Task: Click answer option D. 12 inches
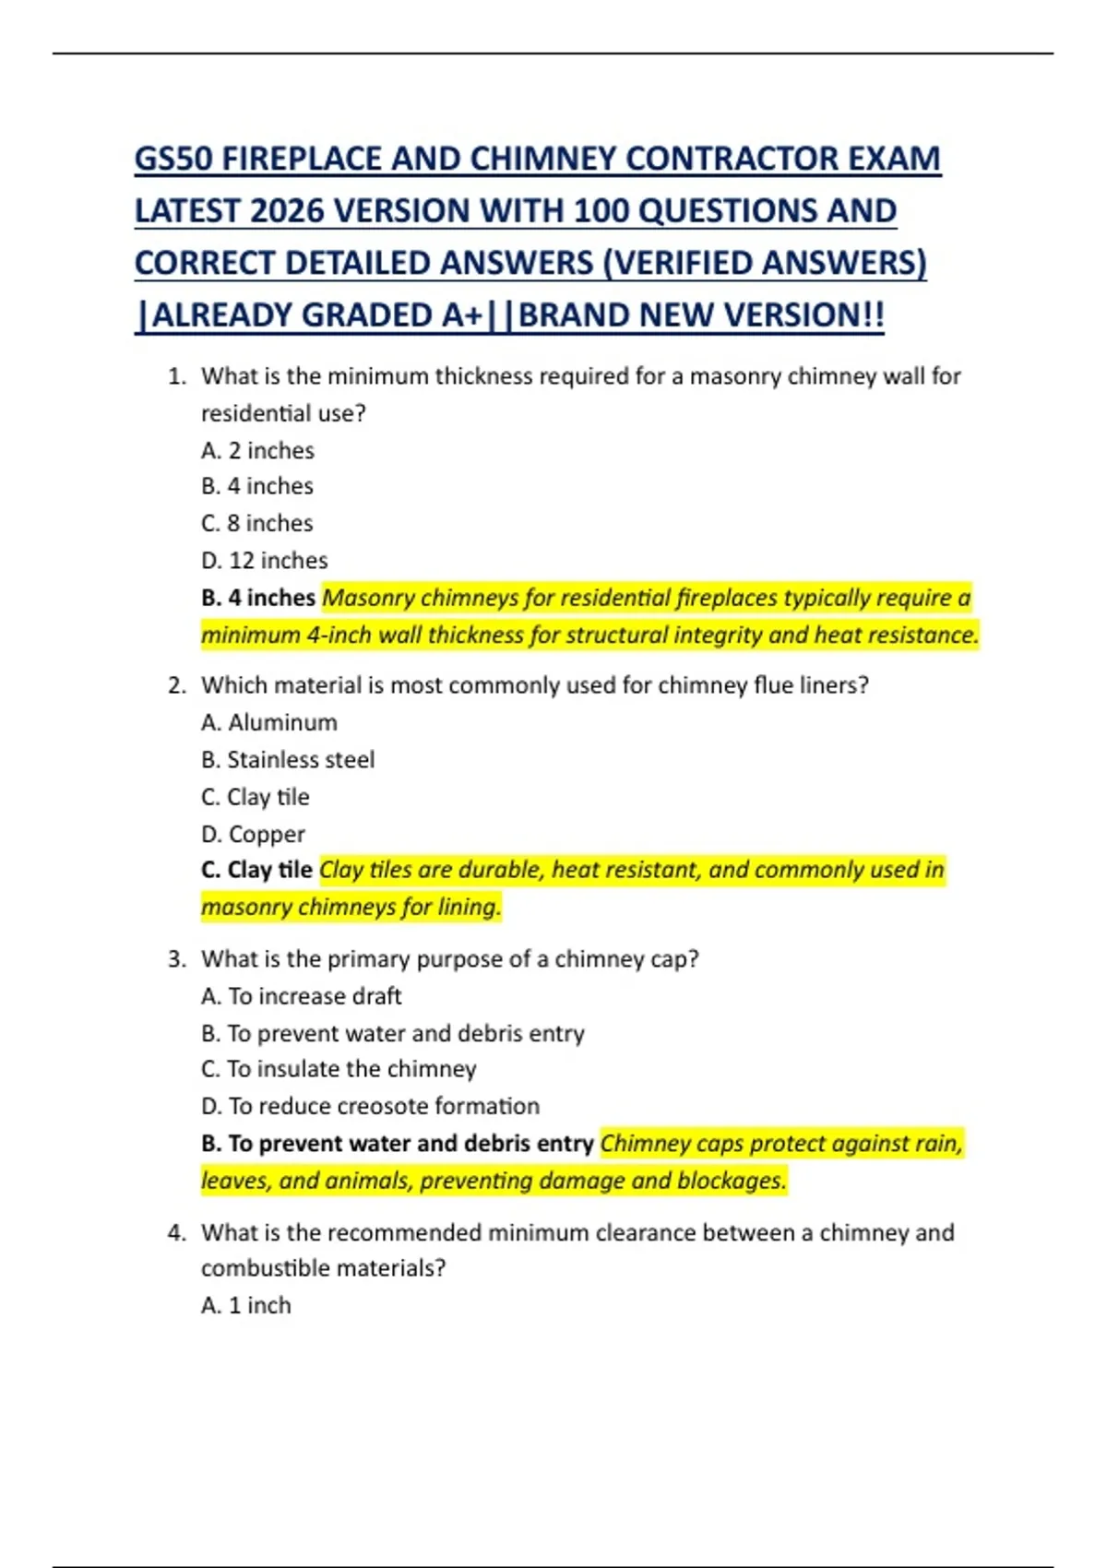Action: tap(264, 561)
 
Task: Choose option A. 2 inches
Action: tap(257, 451)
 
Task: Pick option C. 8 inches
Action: tap(256, 524)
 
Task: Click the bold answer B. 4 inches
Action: tap(258, 598)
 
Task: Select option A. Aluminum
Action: tap(269, 723)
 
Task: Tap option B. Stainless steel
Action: tap(288, 760)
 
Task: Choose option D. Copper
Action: tap(253, 835)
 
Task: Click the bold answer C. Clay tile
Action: tap(256, 871)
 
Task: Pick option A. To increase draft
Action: tap(302, 997)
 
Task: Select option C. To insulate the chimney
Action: tap(339, 1070)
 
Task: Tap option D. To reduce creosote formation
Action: tap(370, 1107)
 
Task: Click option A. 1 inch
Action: tap(246, 1306)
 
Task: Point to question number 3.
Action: tap(177, 960)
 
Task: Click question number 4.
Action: tap(177, 1233)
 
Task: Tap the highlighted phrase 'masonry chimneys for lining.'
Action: tap(351, 908)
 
